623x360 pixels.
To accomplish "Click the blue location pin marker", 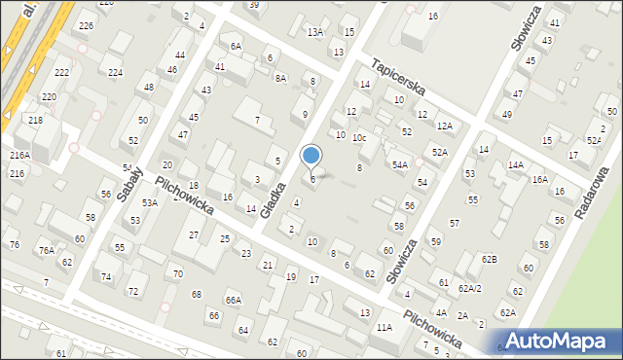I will (x=311, y=156).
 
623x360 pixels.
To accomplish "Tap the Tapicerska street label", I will (x=398, y=76).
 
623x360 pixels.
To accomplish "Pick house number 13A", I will (x=314, y=32).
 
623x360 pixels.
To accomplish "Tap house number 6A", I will (x=236, y=46).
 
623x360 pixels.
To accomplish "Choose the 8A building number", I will (x=280, y=78).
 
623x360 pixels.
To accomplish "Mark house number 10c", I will (x=359, y=138).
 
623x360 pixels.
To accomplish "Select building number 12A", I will (x=445, y=126).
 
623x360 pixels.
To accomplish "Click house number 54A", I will (x=400, y=165).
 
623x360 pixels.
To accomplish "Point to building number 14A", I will (x=515, y=165).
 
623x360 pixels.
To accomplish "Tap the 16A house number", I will (x=539, y=180).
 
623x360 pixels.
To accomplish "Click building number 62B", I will (x=489, y=259).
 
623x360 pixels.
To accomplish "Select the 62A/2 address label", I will (x=471, y=288).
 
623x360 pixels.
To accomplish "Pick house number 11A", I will (x=385, y=328).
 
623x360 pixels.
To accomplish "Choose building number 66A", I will (x=234, y=300).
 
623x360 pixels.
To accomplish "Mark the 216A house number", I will (x=19, y=156).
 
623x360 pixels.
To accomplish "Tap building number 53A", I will (x=150, y=202).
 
